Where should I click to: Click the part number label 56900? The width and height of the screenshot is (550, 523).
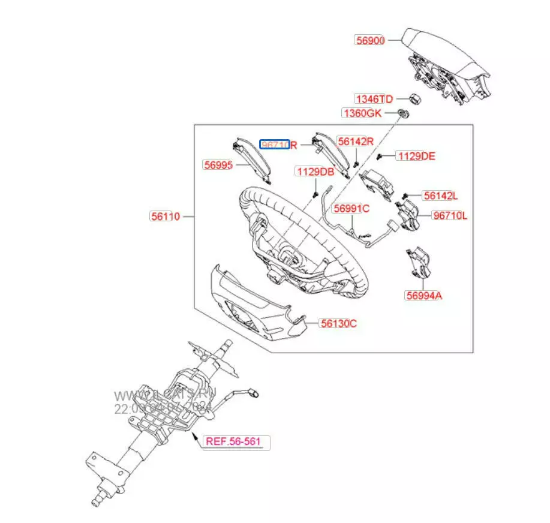pos(371,40)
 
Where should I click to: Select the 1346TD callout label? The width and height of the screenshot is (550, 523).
pos(374,99)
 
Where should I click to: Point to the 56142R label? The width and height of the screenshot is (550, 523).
pos(355,142)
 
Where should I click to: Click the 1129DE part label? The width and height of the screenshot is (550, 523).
pos(417,156)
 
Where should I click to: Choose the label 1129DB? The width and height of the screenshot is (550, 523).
pos(315,172)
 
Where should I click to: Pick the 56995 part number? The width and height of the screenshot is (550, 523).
pos(218,166)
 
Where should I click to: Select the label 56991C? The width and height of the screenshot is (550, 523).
pos(351,209)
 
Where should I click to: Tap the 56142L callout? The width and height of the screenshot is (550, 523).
pos(440,196)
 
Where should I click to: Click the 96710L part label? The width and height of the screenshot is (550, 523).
pos(450,216)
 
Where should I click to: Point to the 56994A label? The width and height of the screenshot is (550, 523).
pos(424,296)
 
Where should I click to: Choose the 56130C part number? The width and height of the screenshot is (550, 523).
pos(338,323)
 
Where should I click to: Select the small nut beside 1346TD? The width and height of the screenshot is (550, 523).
pos(413,98)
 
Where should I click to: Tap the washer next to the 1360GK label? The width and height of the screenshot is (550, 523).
pos(404,113)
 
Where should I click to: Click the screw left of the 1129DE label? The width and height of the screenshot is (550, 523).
pos(381,156)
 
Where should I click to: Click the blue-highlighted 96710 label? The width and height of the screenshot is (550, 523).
pos(274,145)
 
